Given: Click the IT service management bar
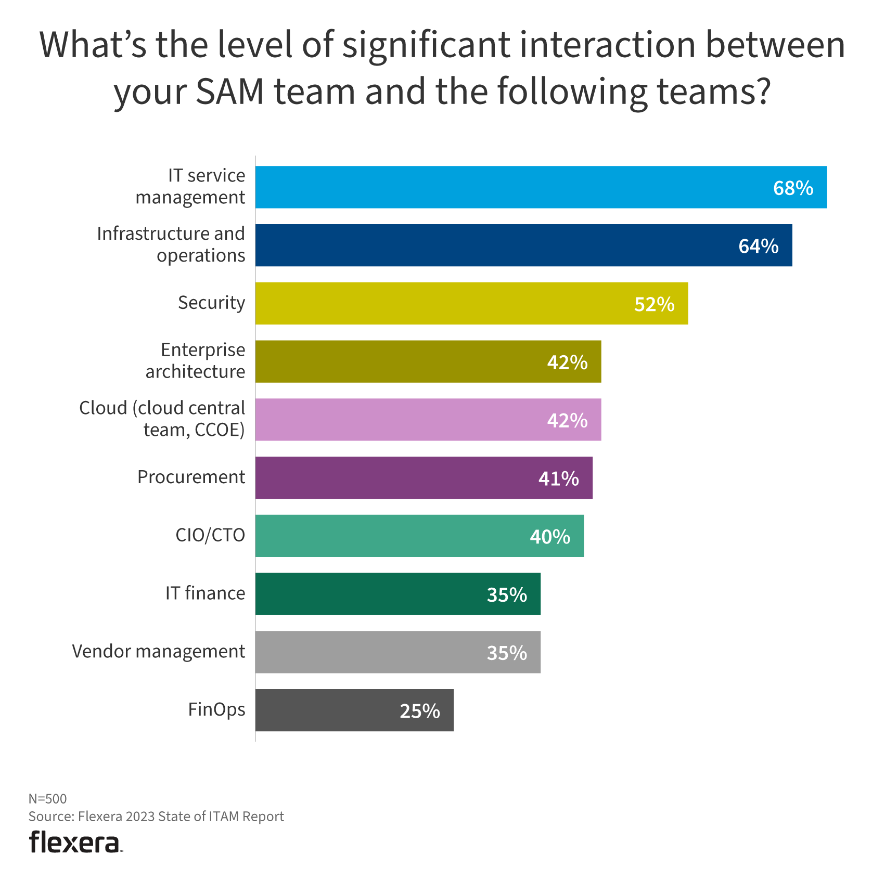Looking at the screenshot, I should pyautogui.click(x=541, y=187).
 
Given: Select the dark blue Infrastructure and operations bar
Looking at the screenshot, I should pyautogui.click(x=523, y=245).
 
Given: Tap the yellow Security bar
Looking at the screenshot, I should pyautogui.click(x=471, y=303).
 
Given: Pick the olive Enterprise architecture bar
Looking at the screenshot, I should pyautogui.click(x=428, y=361).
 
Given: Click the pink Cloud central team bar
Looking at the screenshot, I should pyautogui.click(x=428, y=420).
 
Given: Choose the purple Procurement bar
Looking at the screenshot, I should pyautogui.click(x=424, y=477).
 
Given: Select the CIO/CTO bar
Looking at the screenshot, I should pyautogui.click(x=419, y=536).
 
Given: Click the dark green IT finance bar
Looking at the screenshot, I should pyautogui.click(x=397, y=594).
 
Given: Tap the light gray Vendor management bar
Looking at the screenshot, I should pyautogui.click(x=397, y=652).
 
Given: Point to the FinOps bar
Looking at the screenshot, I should pyautogui.click(x=354, y=710).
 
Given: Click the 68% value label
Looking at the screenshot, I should pyautogui.click(x=793, y=188).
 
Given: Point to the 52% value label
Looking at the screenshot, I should pyautogui.click(x=654, y=304).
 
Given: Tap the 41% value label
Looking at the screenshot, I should pyautogui.click(x=558, y=478).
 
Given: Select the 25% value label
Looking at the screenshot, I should pyautogui.click(x=419, y=711).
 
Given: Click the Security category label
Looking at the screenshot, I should pyautogui.click(x=211, y=303).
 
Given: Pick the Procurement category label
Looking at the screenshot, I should pyautogui.click(x=191, y=477).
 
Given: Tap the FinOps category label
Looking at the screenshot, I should pyautogui.click(x=216, y=709).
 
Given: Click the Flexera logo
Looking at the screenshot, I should pyautogui.click(x=75, y=842).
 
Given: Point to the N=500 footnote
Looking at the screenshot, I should pyautogui.click(x=47, y=798).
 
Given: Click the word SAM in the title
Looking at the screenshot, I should pyautogui.click(x=229, y=91).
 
